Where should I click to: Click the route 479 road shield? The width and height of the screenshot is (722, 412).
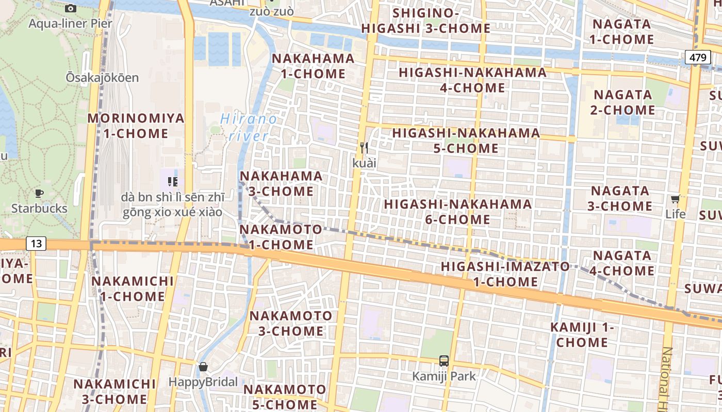click(x=698, y=57)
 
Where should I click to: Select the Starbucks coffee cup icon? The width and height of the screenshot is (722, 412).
click(x=39, y=194)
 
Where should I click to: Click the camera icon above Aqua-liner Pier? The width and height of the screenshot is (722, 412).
click(x=71, y=8)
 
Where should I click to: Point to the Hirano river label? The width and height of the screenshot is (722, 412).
click(x=249, y=128)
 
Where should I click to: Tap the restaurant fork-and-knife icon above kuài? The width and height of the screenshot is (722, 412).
click(x=364, y=148)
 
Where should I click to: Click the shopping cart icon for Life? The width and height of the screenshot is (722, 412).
click(x=675, y=199)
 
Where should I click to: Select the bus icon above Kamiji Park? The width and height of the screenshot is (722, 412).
click(x=444, y=360)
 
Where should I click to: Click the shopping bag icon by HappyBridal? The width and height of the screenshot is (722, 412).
click(x=203, y=367)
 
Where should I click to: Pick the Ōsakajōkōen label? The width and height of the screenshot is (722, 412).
click(x=102, y=78)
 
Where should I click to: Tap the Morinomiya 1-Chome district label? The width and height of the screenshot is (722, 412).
click(x=136, y=126)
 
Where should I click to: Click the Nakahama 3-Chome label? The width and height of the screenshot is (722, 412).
click(x=281, y=183)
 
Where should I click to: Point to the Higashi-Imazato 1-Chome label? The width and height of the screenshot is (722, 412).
click(x=505, y=274)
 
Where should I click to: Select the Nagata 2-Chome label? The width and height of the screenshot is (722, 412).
click(x=623, y=102)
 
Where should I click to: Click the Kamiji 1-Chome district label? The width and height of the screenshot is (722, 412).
click(x=582, y=335)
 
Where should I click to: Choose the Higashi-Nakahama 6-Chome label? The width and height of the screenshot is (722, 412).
click(x=458, y=212)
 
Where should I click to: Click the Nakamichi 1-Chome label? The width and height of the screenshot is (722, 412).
click(x=133, y=289)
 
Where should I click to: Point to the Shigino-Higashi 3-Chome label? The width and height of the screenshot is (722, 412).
click(x=425, y=21)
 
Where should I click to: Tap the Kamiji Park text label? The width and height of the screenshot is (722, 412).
click(x=444, y=376)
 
